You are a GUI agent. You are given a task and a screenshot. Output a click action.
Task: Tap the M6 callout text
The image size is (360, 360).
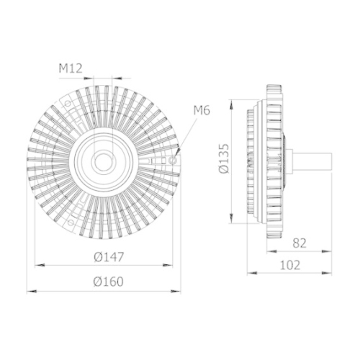201,109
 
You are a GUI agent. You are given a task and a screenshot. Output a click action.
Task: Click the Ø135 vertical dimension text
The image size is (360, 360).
222,158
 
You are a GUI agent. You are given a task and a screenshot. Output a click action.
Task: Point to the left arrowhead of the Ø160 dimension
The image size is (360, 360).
30,292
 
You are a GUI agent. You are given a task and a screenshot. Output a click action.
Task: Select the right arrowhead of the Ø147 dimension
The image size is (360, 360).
173,264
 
